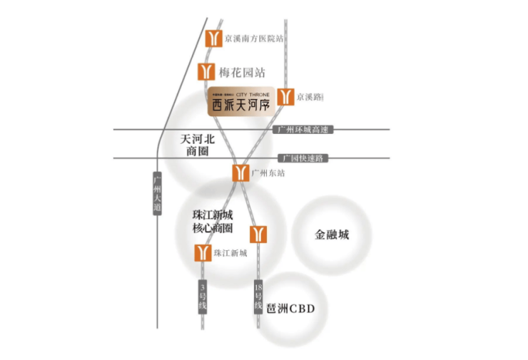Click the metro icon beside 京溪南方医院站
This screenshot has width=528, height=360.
pos(213,39)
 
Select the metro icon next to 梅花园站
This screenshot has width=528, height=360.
pos(206,72)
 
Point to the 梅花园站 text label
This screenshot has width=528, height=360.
pos(242,72)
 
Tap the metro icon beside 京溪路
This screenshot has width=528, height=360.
pos(285,97)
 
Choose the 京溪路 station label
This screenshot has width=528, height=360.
pos(310,97)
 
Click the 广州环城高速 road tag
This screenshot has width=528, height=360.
pos(303,130)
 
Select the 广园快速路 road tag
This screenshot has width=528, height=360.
pos(303,158)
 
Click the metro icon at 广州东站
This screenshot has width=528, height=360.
pos(240,173)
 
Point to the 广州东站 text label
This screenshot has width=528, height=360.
pos(268,173)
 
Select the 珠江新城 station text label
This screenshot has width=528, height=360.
pos(230,253)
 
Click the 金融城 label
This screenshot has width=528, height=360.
pos(332,235)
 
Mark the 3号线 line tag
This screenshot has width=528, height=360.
pos(202,296)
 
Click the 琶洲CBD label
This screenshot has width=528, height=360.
pos(290,309)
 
